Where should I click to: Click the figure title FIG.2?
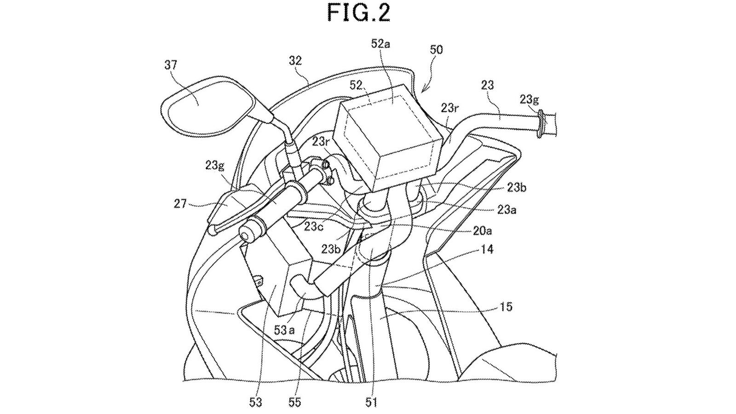click(x=359, y=12)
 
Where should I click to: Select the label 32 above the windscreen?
click(x=296, y=60)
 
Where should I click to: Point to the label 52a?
click(x=381, y=44)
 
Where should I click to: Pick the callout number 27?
click(x=180, y=202)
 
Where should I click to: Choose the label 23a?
click(x=507, y=210)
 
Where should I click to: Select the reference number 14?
click(x=488, y=249)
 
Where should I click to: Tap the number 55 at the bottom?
click(x=295, y=402)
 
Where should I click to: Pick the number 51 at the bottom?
click(x=371, y=402)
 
